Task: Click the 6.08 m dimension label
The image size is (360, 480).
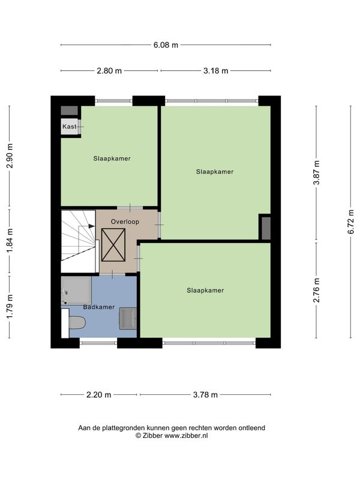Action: click(x=166, y=45)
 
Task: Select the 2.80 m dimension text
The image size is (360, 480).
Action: click(x=109, y=71)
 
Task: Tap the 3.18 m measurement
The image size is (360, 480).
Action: click(x=216, y=71)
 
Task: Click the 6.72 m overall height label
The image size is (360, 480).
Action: click(x=351, y=221)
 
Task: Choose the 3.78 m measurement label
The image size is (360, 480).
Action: click(x=205, y=395)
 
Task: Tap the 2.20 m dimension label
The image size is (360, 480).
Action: click(x=98, y=395)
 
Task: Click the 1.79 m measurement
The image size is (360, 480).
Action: click(x=10, y=307)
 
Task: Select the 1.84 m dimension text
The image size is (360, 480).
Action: click(x=10, y=241)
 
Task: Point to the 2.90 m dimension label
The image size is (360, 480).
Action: click(x=10, y=155)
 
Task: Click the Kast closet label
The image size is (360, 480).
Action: click(x=69, y=127)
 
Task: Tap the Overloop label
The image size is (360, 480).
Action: click(x=125, y=221)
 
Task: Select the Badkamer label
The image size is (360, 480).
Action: click(x=99, y=307)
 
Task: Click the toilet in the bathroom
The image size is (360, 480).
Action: click(x=77, y=323)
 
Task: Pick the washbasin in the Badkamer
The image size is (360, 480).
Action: click(x=128, y=319)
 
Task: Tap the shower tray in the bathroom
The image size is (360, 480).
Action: click(x=76, y=290)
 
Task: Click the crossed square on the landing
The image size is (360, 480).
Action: click(x=113, y=245)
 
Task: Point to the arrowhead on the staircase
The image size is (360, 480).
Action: click(x=92, y=226)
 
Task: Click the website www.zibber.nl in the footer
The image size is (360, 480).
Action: click(x=186, y=436)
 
